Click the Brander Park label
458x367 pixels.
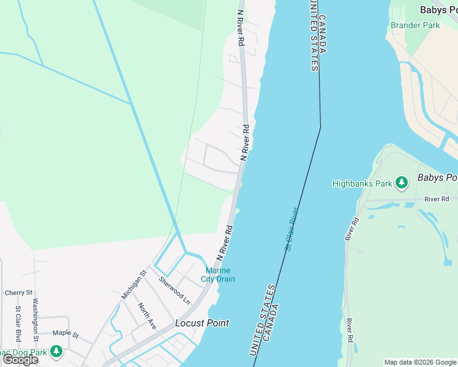(415, 26)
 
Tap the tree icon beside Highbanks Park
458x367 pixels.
(401, 183)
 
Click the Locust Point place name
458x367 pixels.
(202, 323)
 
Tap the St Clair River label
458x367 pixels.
(291, 229)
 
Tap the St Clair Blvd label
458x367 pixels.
(18, 324)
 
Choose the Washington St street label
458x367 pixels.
(36, 319)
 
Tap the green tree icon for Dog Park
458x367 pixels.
(56, 351)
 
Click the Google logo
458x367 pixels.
(20, 360)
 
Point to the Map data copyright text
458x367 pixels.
(419, 362)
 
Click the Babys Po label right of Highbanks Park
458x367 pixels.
(437, 178)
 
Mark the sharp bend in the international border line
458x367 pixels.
(320, 127)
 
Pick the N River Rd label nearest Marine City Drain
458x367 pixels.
(224, 242)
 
